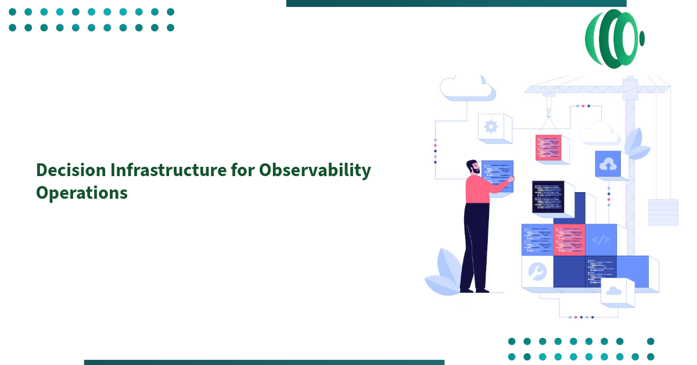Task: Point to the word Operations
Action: [81, 192]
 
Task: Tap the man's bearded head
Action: [473, 167]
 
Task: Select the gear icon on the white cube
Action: [491, 127]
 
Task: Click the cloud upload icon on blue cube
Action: [608, 164]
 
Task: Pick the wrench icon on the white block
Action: [537, 271]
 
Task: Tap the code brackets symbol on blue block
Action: [601, 239]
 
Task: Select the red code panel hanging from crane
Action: [548, 148]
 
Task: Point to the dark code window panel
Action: [548, 196]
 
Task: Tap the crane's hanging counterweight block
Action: [663, 212]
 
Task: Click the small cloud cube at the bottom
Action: [613, 291]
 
